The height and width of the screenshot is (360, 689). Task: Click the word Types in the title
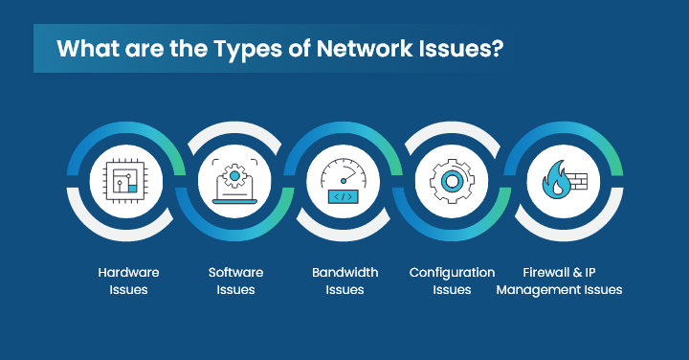pos(221,50)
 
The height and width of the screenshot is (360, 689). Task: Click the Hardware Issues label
pos(128,281)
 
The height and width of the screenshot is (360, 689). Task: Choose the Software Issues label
pos(235,281)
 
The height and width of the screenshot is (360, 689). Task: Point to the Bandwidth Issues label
pos(344,281)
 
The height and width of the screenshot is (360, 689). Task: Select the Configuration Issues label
pos(453,281)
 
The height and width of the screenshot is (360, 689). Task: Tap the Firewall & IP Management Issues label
pos(560,281)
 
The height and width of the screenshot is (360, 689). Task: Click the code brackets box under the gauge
pos(344,197)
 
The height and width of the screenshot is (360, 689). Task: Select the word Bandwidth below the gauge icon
pos(344,273)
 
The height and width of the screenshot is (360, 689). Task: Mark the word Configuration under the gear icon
pos(453,273)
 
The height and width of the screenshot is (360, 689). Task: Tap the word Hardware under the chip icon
pos(128,273)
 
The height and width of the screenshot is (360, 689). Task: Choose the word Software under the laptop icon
pos(235,273)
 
